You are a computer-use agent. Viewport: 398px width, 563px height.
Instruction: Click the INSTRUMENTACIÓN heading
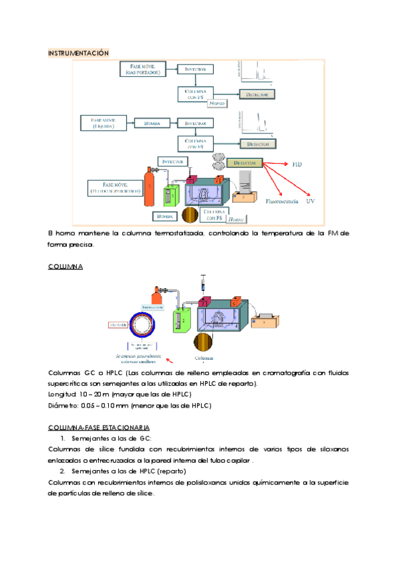coord(78,53)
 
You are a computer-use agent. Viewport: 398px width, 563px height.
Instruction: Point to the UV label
coord(310,201)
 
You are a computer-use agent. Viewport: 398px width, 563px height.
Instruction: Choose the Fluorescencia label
coord(282,201)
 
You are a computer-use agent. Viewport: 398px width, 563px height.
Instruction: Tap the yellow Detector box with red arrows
coord(245,163)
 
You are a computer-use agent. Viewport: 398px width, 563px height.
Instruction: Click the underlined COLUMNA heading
coord(65,266)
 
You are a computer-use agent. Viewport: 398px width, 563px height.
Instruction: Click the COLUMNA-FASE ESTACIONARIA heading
coord(99,426)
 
